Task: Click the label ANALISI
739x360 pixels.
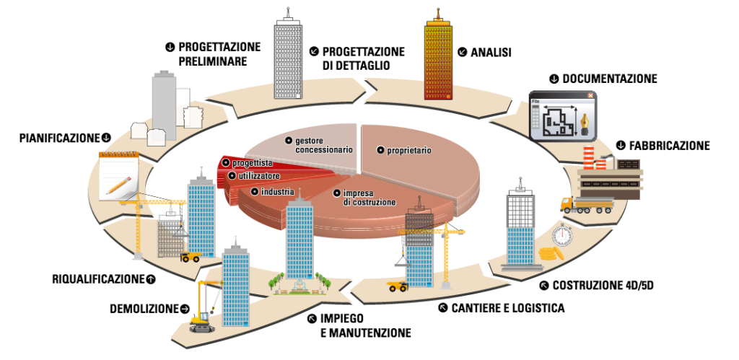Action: tap(491, 52)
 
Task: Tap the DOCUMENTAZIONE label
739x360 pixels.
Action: tap(609, 79)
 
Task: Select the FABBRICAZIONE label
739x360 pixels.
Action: tap(669, 146)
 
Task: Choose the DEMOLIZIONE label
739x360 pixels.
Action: tap(144, 309)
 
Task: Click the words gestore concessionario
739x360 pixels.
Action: tap(323, 144)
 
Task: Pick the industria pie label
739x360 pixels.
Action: tap(277, 191)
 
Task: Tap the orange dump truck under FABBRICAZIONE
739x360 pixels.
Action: tap(585, 206)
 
